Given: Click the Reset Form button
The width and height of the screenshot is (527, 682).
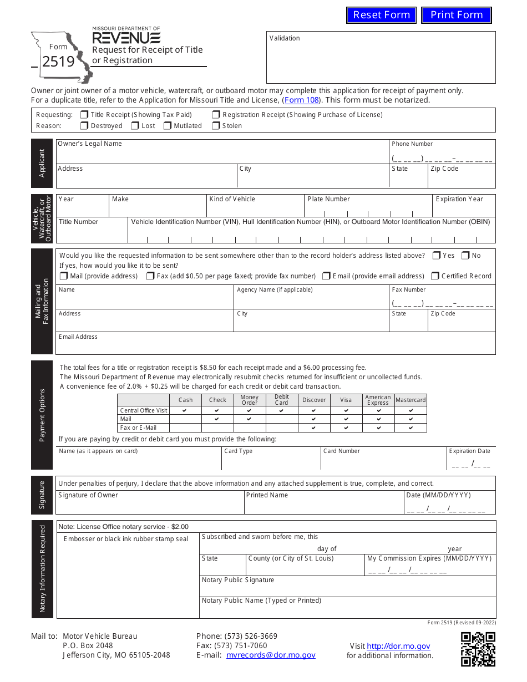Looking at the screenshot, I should (381, 15).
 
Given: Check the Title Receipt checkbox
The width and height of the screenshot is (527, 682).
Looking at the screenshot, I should (84, 115).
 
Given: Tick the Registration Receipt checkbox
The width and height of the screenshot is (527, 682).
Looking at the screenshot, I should (216, 115).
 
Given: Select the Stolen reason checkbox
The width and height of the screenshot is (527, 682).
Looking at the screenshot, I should (216, 126).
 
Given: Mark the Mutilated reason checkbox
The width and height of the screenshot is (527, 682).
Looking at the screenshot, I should (168, 126).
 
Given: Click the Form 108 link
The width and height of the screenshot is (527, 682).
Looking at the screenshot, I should (301, 100).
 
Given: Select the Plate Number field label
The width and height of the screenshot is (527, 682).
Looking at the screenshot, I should (328, 199).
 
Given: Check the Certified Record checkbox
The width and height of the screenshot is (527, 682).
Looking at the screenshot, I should (435, 276).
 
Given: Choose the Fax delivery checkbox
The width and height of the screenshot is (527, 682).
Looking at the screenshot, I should (150, 276).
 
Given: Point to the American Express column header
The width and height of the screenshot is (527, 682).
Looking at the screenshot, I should (378, 400).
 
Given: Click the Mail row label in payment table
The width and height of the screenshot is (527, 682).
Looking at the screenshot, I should (126, 419).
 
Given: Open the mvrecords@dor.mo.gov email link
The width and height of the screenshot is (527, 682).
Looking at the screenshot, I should (271, 655).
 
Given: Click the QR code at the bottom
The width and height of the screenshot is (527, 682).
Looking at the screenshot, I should (478, 649).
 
